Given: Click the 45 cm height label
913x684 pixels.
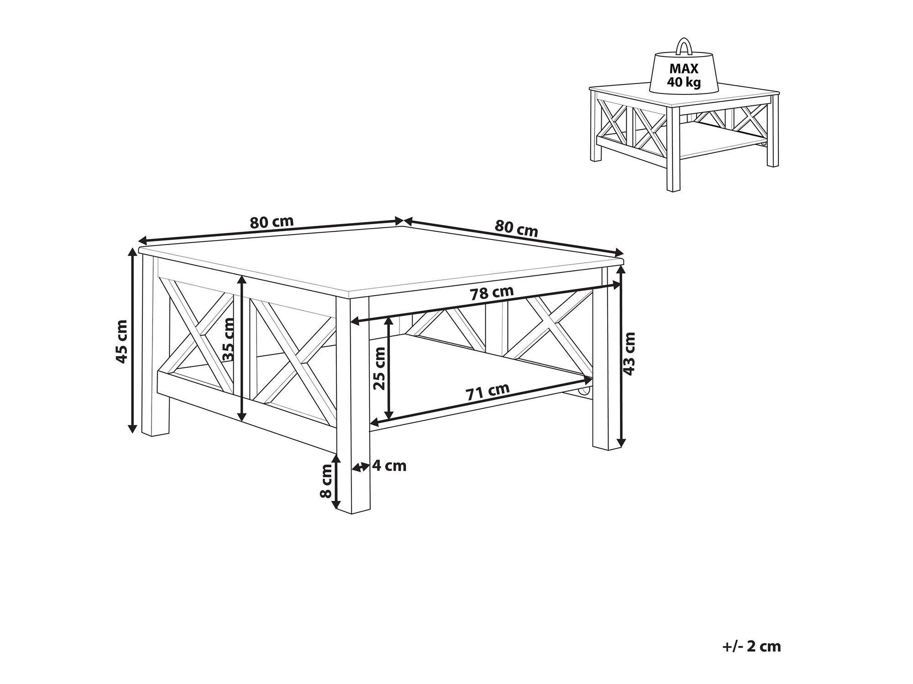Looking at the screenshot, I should point(121,342).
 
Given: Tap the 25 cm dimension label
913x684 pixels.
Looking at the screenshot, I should point(379,369).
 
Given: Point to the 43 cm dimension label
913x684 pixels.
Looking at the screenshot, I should point(630,354).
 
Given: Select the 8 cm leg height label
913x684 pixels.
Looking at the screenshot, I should point(326,481).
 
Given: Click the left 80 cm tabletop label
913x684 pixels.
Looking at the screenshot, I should point(272,222).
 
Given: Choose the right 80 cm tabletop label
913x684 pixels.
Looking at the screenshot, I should point(516,228).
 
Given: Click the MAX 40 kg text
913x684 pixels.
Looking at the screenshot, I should point(684,75).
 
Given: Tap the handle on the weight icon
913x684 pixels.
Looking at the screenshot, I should point(683,46).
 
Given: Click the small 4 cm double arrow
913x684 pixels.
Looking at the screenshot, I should point(360,467).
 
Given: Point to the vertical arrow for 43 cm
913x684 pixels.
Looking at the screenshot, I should point(621,356).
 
